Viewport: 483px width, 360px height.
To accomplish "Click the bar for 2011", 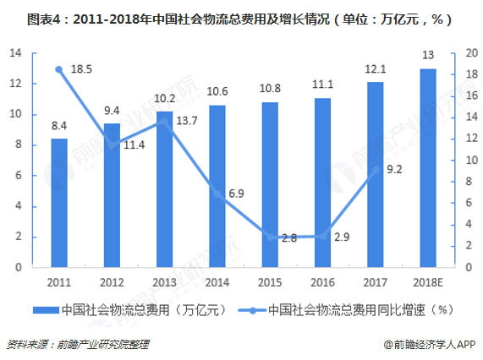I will pos(59,203).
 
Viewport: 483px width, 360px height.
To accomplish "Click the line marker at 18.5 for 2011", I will pos(59,69).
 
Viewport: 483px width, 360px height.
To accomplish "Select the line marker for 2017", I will pos(375,169).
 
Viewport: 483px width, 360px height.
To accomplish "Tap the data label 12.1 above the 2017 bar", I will pos(375,68).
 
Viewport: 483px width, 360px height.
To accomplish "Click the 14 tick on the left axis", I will pos(15,53).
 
